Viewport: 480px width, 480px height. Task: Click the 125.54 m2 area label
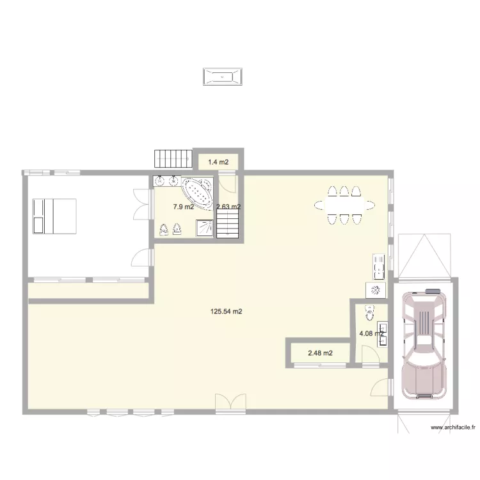227,312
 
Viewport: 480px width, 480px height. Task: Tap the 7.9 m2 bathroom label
183,207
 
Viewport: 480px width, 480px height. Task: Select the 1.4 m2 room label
219,162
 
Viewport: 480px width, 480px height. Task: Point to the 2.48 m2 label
320,353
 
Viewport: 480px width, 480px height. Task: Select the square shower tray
205,228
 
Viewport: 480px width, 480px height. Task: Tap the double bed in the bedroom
54,216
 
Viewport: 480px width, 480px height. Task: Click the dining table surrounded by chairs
344,205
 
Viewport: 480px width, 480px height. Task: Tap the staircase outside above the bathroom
173,159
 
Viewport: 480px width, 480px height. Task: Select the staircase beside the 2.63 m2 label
228,225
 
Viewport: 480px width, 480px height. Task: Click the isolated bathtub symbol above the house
223,77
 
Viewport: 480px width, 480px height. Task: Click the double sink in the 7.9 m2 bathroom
166,181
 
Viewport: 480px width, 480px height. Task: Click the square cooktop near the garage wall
376,291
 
